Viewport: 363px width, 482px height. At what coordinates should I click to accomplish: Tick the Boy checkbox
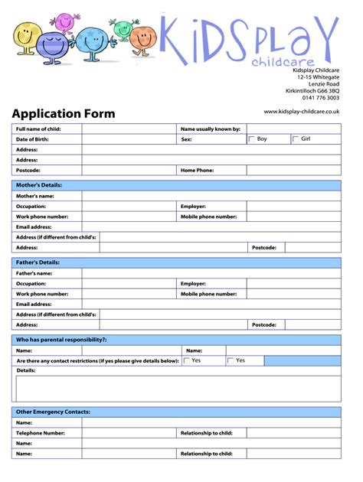(x=251, y=139)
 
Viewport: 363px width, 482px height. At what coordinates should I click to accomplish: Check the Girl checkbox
(x=296, y=139)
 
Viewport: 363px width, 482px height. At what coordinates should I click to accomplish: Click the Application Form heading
(x=63, y=114)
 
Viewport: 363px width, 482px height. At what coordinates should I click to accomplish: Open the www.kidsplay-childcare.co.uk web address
(x=301, y=112)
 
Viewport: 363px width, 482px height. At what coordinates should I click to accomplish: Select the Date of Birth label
(x=33, y=139)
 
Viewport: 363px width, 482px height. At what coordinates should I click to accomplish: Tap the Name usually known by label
(x=210, y=129)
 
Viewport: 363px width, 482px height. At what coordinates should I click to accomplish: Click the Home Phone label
(x=197, y=170)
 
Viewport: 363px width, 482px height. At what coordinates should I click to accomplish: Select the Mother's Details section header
(x=39, y=185)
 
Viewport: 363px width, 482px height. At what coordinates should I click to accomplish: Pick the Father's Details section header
(x=38, y=262)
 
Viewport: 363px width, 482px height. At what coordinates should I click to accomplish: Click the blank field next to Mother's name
(x=211, y=196)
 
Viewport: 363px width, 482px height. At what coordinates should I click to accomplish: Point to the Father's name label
(x=34, y=273)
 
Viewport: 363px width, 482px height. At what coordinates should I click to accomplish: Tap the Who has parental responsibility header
(x=61, y=340)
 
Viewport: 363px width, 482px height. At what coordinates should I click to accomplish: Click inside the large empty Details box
(x=176, y=388)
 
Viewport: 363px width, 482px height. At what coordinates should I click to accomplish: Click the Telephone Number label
(x=41, y=433)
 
